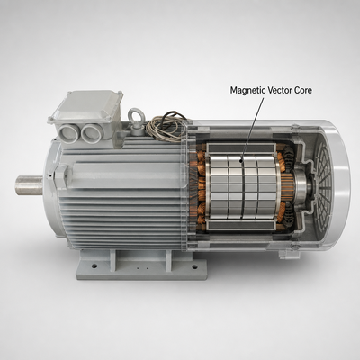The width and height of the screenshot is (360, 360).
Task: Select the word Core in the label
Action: (303, 90)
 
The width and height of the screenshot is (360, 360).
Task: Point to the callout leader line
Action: (253, 129)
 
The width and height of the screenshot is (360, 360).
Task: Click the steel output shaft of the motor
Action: (30, 185)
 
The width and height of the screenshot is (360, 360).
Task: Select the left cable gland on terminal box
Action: (68, 133)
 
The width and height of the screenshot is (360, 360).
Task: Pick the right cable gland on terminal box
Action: (92, 133)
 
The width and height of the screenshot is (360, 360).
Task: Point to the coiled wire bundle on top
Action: (166, 125)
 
